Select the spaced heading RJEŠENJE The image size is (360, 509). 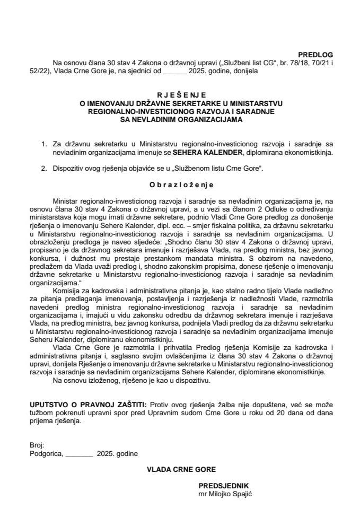[x=180, y=95]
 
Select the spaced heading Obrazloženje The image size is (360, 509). [x=180, y=185]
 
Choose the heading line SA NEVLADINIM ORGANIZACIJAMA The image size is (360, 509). [x=180, y=120]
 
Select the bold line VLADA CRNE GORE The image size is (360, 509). [x=180, y=469]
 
